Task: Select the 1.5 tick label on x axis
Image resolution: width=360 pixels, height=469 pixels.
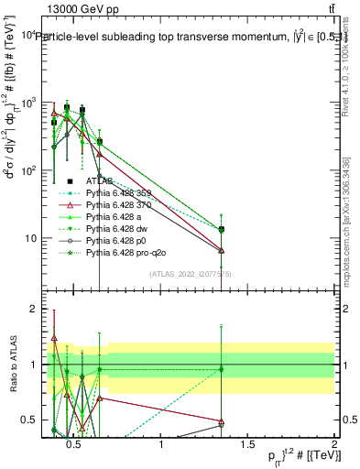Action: click(x=247, y=444)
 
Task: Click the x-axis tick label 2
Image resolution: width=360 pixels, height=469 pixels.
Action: click(x=333, y=444)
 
